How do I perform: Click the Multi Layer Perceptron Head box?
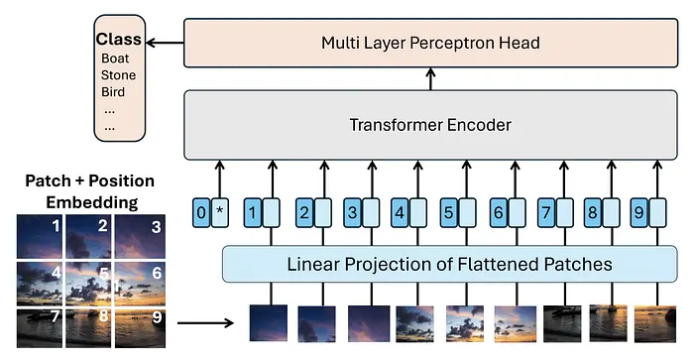pyautogui.click(x=430, y=43)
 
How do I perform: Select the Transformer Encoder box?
pyautogui.click(x=430, y=125)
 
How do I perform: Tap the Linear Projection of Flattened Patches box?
pyautogui.click(x=450, y=264)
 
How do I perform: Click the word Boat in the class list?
pyautogui.click(x=115, y=59)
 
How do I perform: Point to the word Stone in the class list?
pyautogui.click(x=118, y=75)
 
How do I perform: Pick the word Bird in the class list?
pyautogui.click(x=113, y=92)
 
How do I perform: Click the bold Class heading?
pyautogui.click(x=119, y=39)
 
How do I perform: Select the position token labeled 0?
pyautogui.click(x=201, y=212)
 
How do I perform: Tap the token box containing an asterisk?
pyautogui.click(x=220, y=212)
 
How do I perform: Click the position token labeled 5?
pyautogui.click(x=448, y=212)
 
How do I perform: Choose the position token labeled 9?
pyautogui.click(x=639, y=212)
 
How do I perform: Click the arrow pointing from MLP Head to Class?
pyautogui.click(x=165, y=43)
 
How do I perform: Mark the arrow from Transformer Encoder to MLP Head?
pyautogui.click(x=430, y=79)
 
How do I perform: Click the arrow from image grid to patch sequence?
pyautogui.click(x=205, y=322)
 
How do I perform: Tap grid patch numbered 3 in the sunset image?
pyautogui.click(x=140, y=236)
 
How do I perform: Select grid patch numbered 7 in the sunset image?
pyautogui.click(x=40, y=328)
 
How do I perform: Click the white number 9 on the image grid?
pyautogui.click(x=157, y=317)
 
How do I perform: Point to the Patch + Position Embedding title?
pyautogui.click(x=90, y=191)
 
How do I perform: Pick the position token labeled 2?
pyautogui.click(x=304, y=212)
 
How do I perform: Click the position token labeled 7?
pyautogui.click(x=546, y=212)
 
